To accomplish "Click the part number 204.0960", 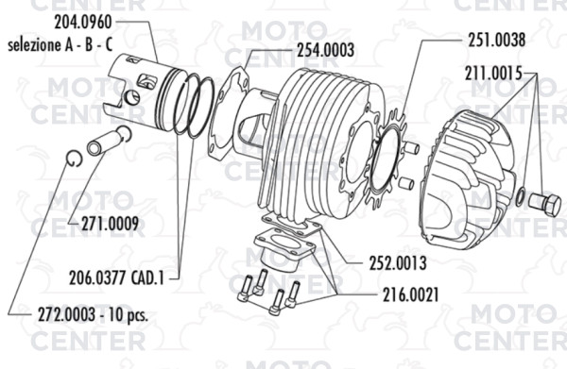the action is [x=83, y=23].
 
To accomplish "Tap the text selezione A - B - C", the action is [x=60, y=45].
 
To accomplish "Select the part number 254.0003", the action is [x=325, y=50].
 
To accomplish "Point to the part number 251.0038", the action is [x=497, y=40].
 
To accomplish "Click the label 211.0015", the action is [x=493, y=74].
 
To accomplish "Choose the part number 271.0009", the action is [x=110, y=224].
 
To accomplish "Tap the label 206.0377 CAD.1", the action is [x=117, y=278].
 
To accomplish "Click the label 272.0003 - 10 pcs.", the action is [x=93, y=315].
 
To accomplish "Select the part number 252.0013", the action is [x=398, y=263].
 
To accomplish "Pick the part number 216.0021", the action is [x=410, y=295].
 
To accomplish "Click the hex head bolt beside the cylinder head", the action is [x=544, y=205].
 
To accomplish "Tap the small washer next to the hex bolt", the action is [x=520, y=197].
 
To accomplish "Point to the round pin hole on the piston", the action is [x=132, y=97].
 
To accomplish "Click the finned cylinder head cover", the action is [x=467, y=180].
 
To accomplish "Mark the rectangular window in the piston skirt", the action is [x=146, y=80].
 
